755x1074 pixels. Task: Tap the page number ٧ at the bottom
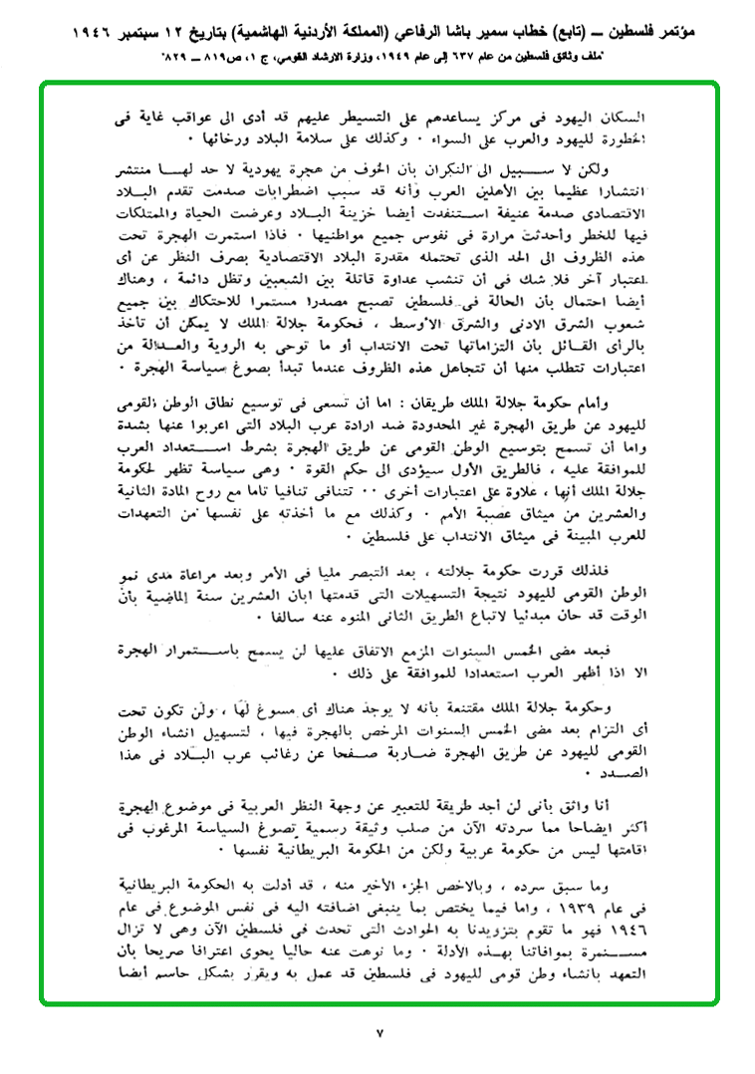[x=377, y=1031]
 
